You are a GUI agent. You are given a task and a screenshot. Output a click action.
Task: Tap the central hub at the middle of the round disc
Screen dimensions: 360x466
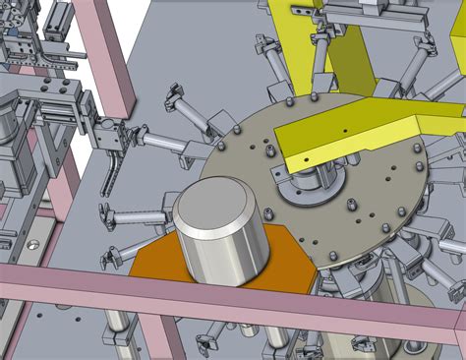pos(310,183)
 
